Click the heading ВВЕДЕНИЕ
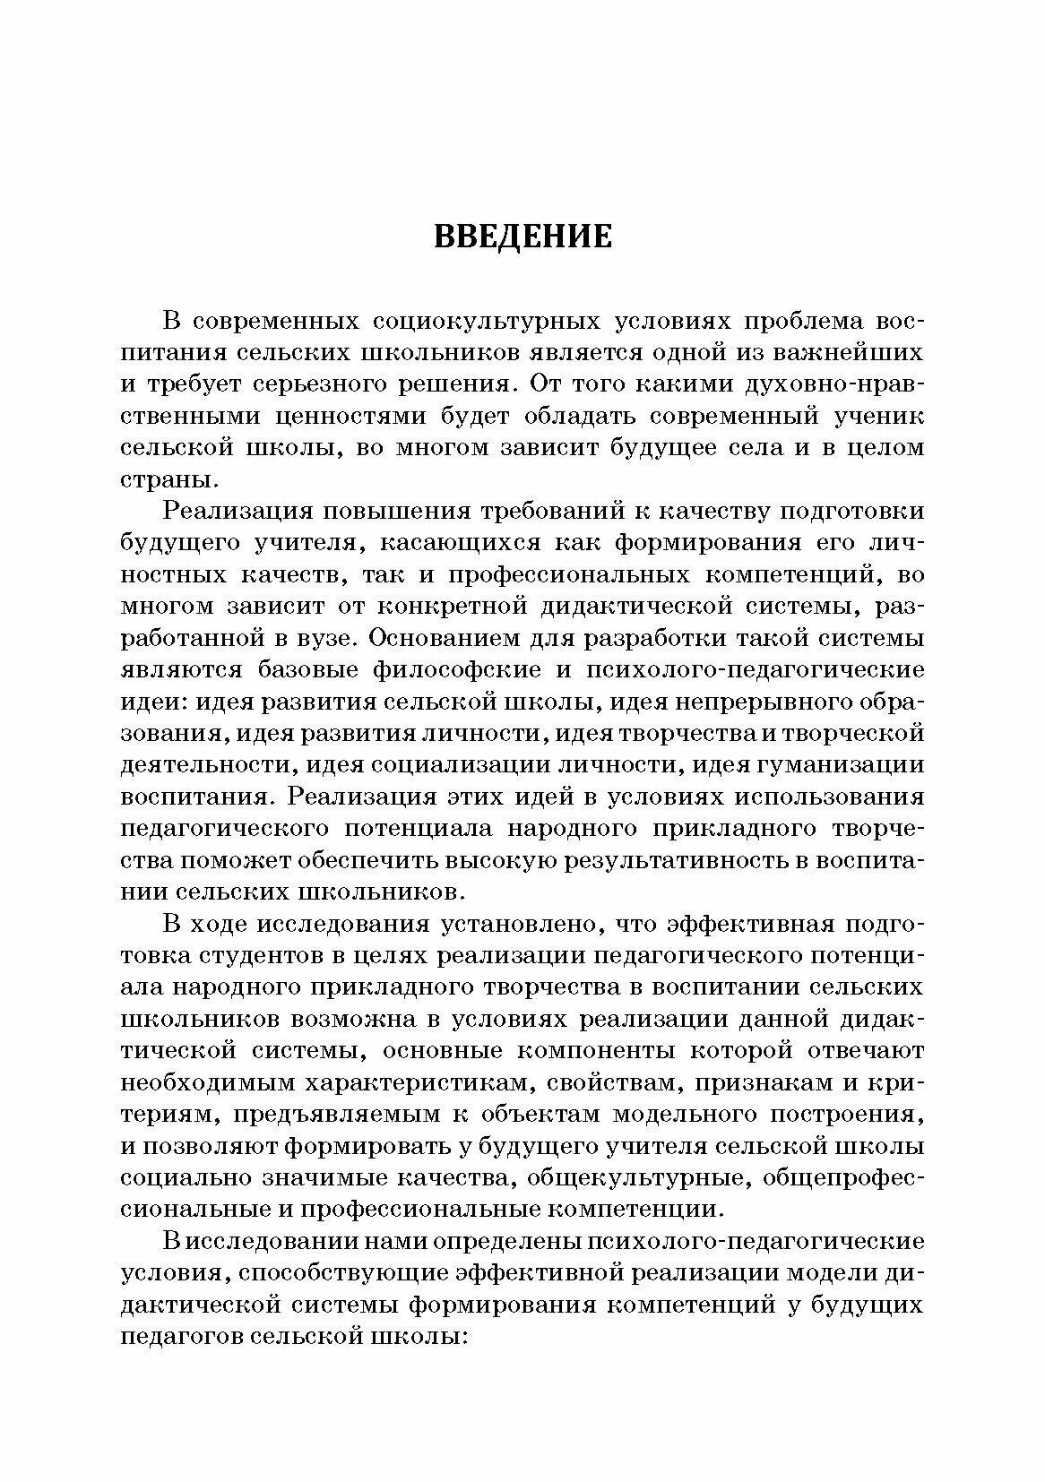522,236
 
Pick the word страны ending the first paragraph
165,479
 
